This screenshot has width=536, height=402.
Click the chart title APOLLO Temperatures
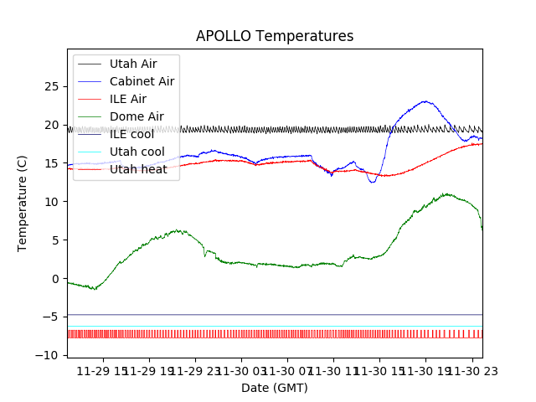(275, 36)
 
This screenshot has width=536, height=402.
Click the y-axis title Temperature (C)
(23, 203)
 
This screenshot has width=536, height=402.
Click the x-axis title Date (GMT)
(275, 388)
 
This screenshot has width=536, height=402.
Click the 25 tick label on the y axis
(51, 86)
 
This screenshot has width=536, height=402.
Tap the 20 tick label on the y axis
(51, 125)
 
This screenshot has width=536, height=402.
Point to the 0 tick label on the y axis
(54, 279)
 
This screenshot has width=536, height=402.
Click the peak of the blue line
(426, 101)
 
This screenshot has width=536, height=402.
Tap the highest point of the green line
(446, 193)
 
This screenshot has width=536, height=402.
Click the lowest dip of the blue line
(373, 182)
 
